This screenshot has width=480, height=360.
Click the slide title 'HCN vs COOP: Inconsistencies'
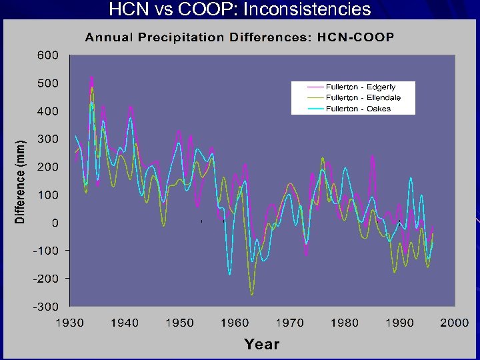(x=239, y=9)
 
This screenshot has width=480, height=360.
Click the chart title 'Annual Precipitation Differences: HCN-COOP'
(x=239, y=37)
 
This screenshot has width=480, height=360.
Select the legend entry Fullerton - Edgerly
(x=361, y=87)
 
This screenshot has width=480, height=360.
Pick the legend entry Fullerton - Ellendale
(x=363, y=98)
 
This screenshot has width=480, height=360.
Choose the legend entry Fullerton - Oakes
(x=358, y=109)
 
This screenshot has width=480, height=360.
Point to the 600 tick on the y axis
(x=47, y=55)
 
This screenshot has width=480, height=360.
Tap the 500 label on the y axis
(x=47, y=83)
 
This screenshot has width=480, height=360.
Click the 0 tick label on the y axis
(x=55, y=223)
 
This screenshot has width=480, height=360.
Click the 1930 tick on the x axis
(x=69, y=323)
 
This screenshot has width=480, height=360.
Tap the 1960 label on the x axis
(x=234, y=323)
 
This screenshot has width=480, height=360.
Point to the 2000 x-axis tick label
(x=453, y=323)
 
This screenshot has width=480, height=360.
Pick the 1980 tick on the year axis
(x=344, y=323)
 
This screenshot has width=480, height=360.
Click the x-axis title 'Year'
(x=261, y=344)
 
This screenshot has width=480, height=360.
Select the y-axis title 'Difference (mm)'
(x=21, y=181)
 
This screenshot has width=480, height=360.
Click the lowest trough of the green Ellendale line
(x=251, y=294)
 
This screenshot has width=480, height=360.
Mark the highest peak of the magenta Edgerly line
(x=91, y=77)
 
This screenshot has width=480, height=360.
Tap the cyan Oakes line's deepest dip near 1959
(x=230, y=274)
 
